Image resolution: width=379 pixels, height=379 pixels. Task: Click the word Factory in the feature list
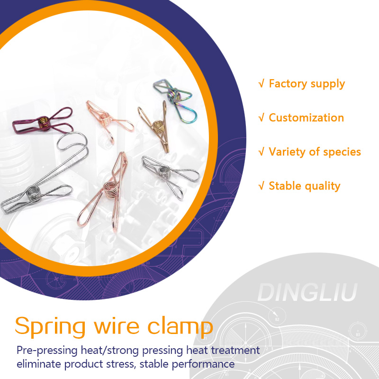[289, 84]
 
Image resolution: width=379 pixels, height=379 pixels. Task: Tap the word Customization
[306, 118]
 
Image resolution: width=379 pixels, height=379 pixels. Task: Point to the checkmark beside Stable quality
[261, 186]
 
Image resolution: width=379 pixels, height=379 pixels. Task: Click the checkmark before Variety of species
[261, 152]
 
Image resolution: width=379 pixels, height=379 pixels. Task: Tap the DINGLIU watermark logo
[307, 293]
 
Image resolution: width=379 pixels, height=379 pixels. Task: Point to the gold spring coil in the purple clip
[43, 122]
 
